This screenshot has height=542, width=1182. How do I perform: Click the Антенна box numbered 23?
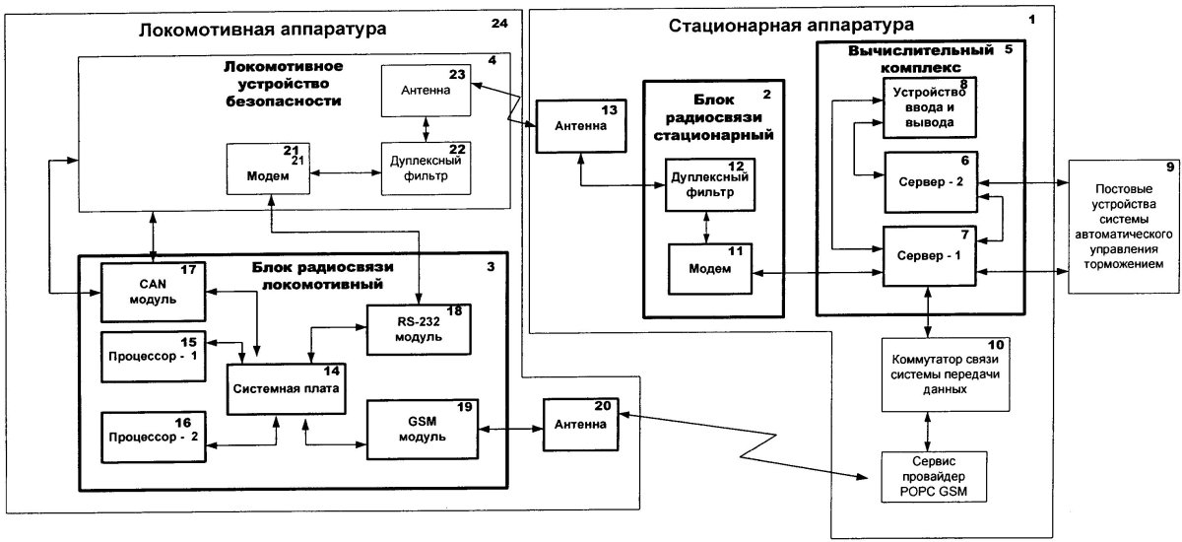coord(426,91)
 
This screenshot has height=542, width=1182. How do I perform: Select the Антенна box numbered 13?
coord(580,126)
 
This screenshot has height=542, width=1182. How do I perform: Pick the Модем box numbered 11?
coord(710,268)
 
